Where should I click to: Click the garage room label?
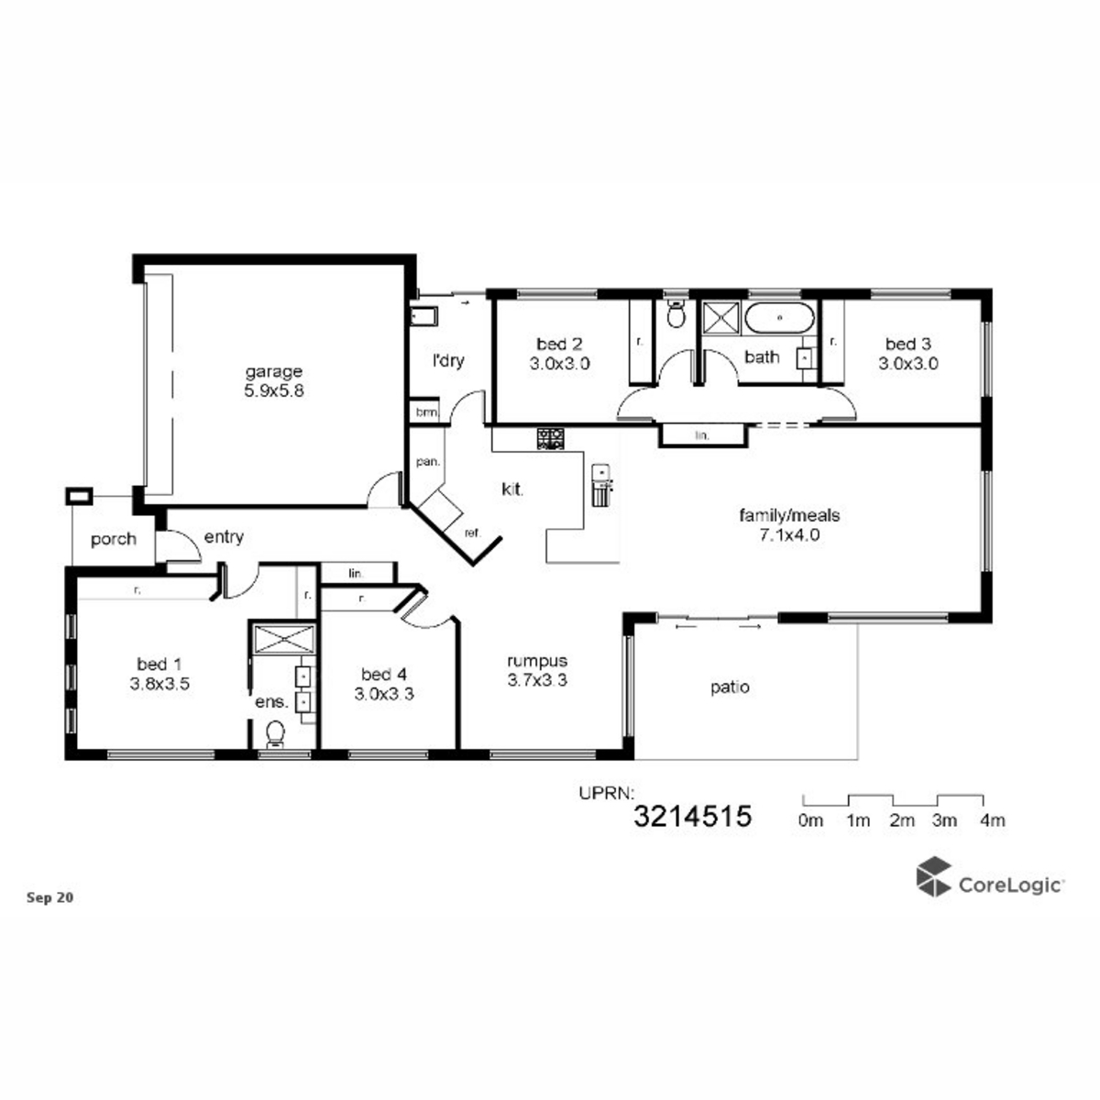click(x=273, y=372)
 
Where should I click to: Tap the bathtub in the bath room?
click(x=780, y=317)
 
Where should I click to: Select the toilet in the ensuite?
click(x=275, y=733)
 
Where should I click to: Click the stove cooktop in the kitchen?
click(x=550, y=438)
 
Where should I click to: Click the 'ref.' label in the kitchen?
click(x=473, y=533)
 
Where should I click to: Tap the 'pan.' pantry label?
click(x=427, y=462)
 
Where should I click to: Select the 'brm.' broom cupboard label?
click(x=427, y=412)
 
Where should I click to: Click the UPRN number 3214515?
click(x=692, y=817)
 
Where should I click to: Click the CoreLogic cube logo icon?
click(x=933, y=876)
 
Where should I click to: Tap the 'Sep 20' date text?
click(x=50, y=898)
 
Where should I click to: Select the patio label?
click(x=730, y=687)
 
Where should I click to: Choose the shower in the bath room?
click(x=720, y=317)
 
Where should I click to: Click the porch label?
click(x=114, y=539)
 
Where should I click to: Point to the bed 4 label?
click(x=383, y=674)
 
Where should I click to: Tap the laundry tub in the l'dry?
click(x=423, y=316)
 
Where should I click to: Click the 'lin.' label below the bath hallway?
click(x=702, y=435)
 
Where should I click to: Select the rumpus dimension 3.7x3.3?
click(x=537, y=680)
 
